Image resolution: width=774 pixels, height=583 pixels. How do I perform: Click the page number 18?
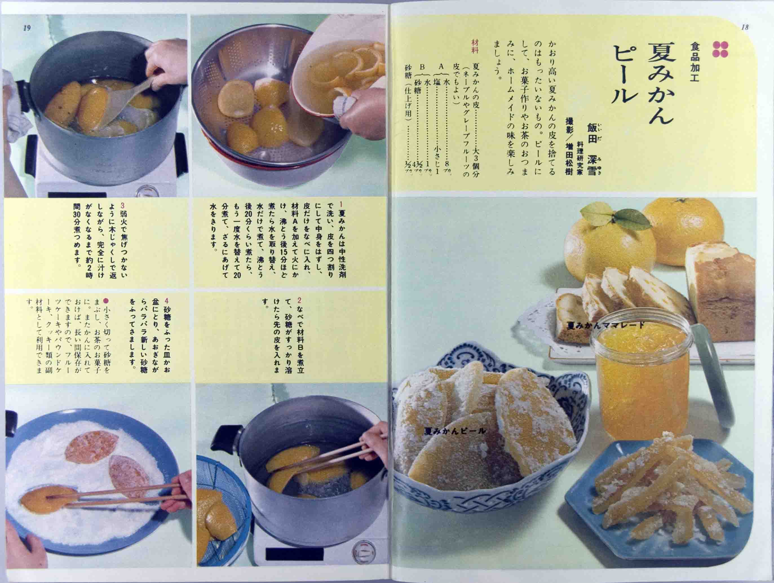[x=745, y=27]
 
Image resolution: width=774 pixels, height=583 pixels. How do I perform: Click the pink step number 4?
[x=167, y=300]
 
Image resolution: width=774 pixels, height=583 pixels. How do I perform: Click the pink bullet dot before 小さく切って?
[x=106, y=300]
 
